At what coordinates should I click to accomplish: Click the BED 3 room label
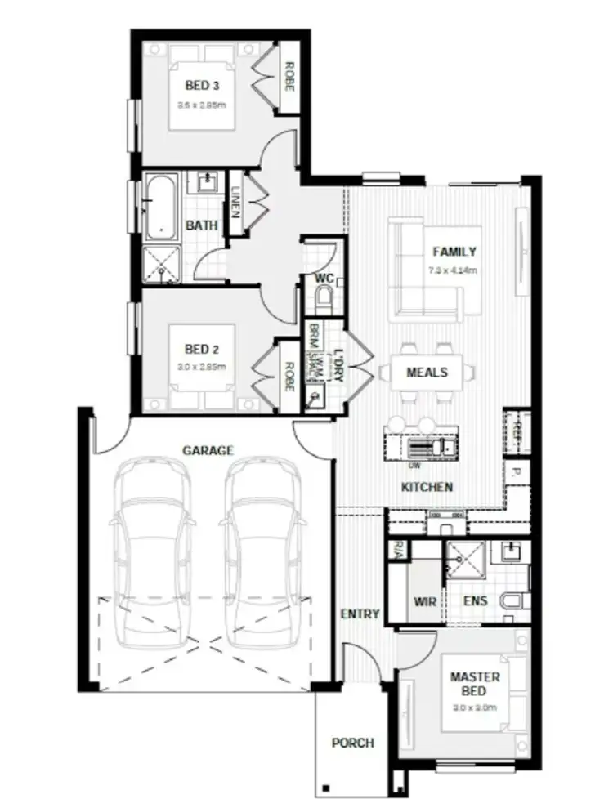point(201,85)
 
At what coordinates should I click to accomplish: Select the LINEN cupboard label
point(236,202)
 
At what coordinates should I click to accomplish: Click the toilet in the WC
point(324,298)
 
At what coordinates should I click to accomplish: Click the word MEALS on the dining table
point(427,373)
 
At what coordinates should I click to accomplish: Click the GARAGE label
point(208,450)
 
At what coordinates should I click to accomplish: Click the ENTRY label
point(360,614)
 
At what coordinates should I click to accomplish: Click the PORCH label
point(352,743)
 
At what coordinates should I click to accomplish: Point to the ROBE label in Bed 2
point(286,376)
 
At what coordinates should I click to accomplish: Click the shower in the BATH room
point(161,261)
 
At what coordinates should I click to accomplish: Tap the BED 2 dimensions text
point(201,367)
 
